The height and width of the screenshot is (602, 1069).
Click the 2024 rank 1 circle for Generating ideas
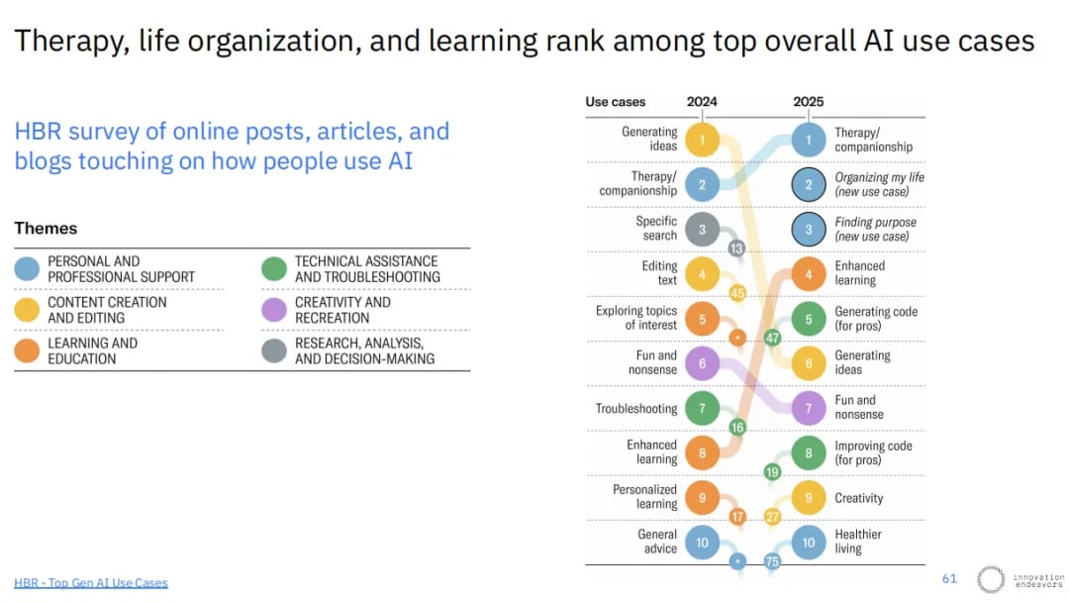pos(702,140)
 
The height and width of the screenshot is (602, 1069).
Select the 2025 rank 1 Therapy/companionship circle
pos(808,140)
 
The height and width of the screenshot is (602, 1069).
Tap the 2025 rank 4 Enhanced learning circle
pos(808,274)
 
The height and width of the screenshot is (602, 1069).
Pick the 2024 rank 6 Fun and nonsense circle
pos(702,363)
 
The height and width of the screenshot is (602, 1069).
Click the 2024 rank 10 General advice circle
pos(702,543)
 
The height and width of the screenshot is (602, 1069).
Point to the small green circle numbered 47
pos(772,338)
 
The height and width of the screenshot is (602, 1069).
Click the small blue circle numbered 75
pos(772,561)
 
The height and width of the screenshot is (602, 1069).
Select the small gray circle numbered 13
pos(736,248)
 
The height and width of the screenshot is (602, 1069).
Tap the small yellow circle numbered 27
pos(772,517)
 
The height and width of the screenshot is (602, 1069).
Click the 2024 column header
pos(702,102)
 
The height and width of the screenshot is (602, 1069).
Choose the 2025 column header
pos(808,102)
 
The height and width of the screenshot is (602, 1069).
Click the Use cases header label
pos(615,102)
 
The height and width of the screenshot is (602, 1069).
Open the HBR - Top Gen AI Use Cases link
pos(91,583)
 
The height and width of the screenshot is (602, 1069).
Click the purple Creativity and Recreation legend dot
pos(274,310)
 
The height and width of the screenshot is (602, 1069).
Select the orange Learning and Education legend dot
pos(28,351)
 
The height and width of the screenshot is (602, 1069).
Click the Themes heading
pos(46,229)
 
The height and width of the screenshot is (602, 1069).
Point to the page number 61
pos(949,579)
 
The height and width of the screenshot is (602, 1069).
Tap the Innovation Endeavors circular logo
pos(990,579)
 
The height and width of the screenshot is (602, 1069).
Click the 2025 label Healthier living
pos(857,542)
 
